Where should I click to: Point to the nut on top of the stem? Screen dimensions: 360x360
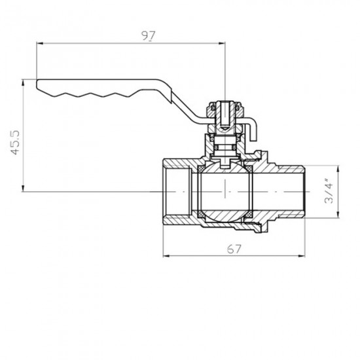point(223,108)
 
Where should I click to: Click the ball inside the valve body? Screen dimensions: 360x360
point(223,190)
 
